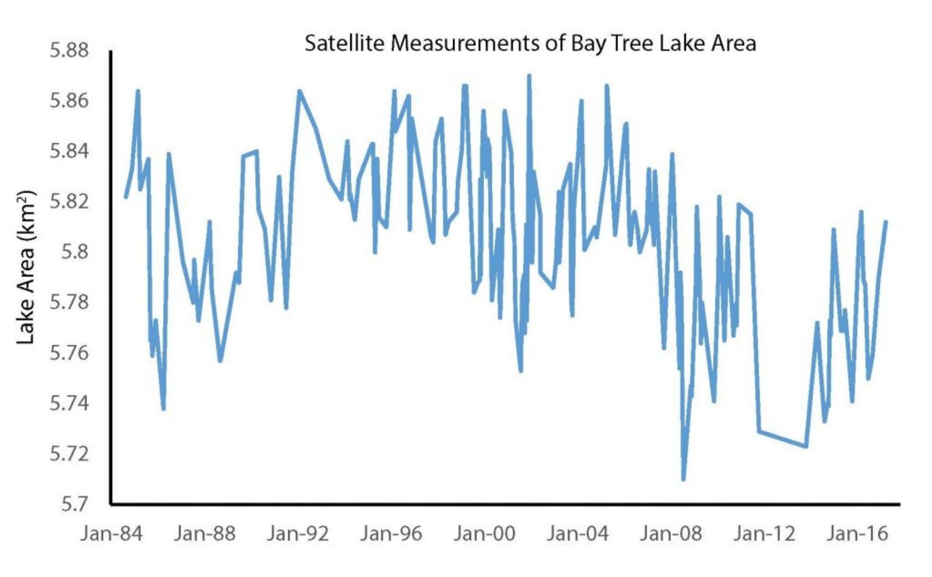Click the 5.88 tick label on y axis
coord(69,50)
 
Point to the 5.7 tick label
coord(75,504)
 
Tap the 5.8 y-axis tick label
coord(75,252)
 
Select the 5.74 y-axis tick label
coord(69,403)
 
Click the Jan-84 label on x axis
coord(111,533)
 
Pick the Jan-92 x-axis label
coord(298,533)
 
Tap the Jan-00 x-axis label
coord(484,533)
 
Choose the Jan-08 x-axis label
coord(670,533)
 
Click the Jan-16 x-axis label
coord(857,533)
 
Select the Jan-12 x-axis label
coord(764,533)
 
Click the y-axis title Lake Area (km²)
coord(26,267)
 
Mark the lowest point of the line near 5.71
coord(683,479)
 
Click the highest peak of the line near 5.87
coord(529,76)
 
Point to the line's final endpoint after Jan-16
coord(885,222)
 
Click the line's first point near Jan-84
coord(126,197)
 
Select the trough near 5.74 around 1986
coord(164,409)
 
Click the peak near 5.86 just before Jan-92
coord(299,91)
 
